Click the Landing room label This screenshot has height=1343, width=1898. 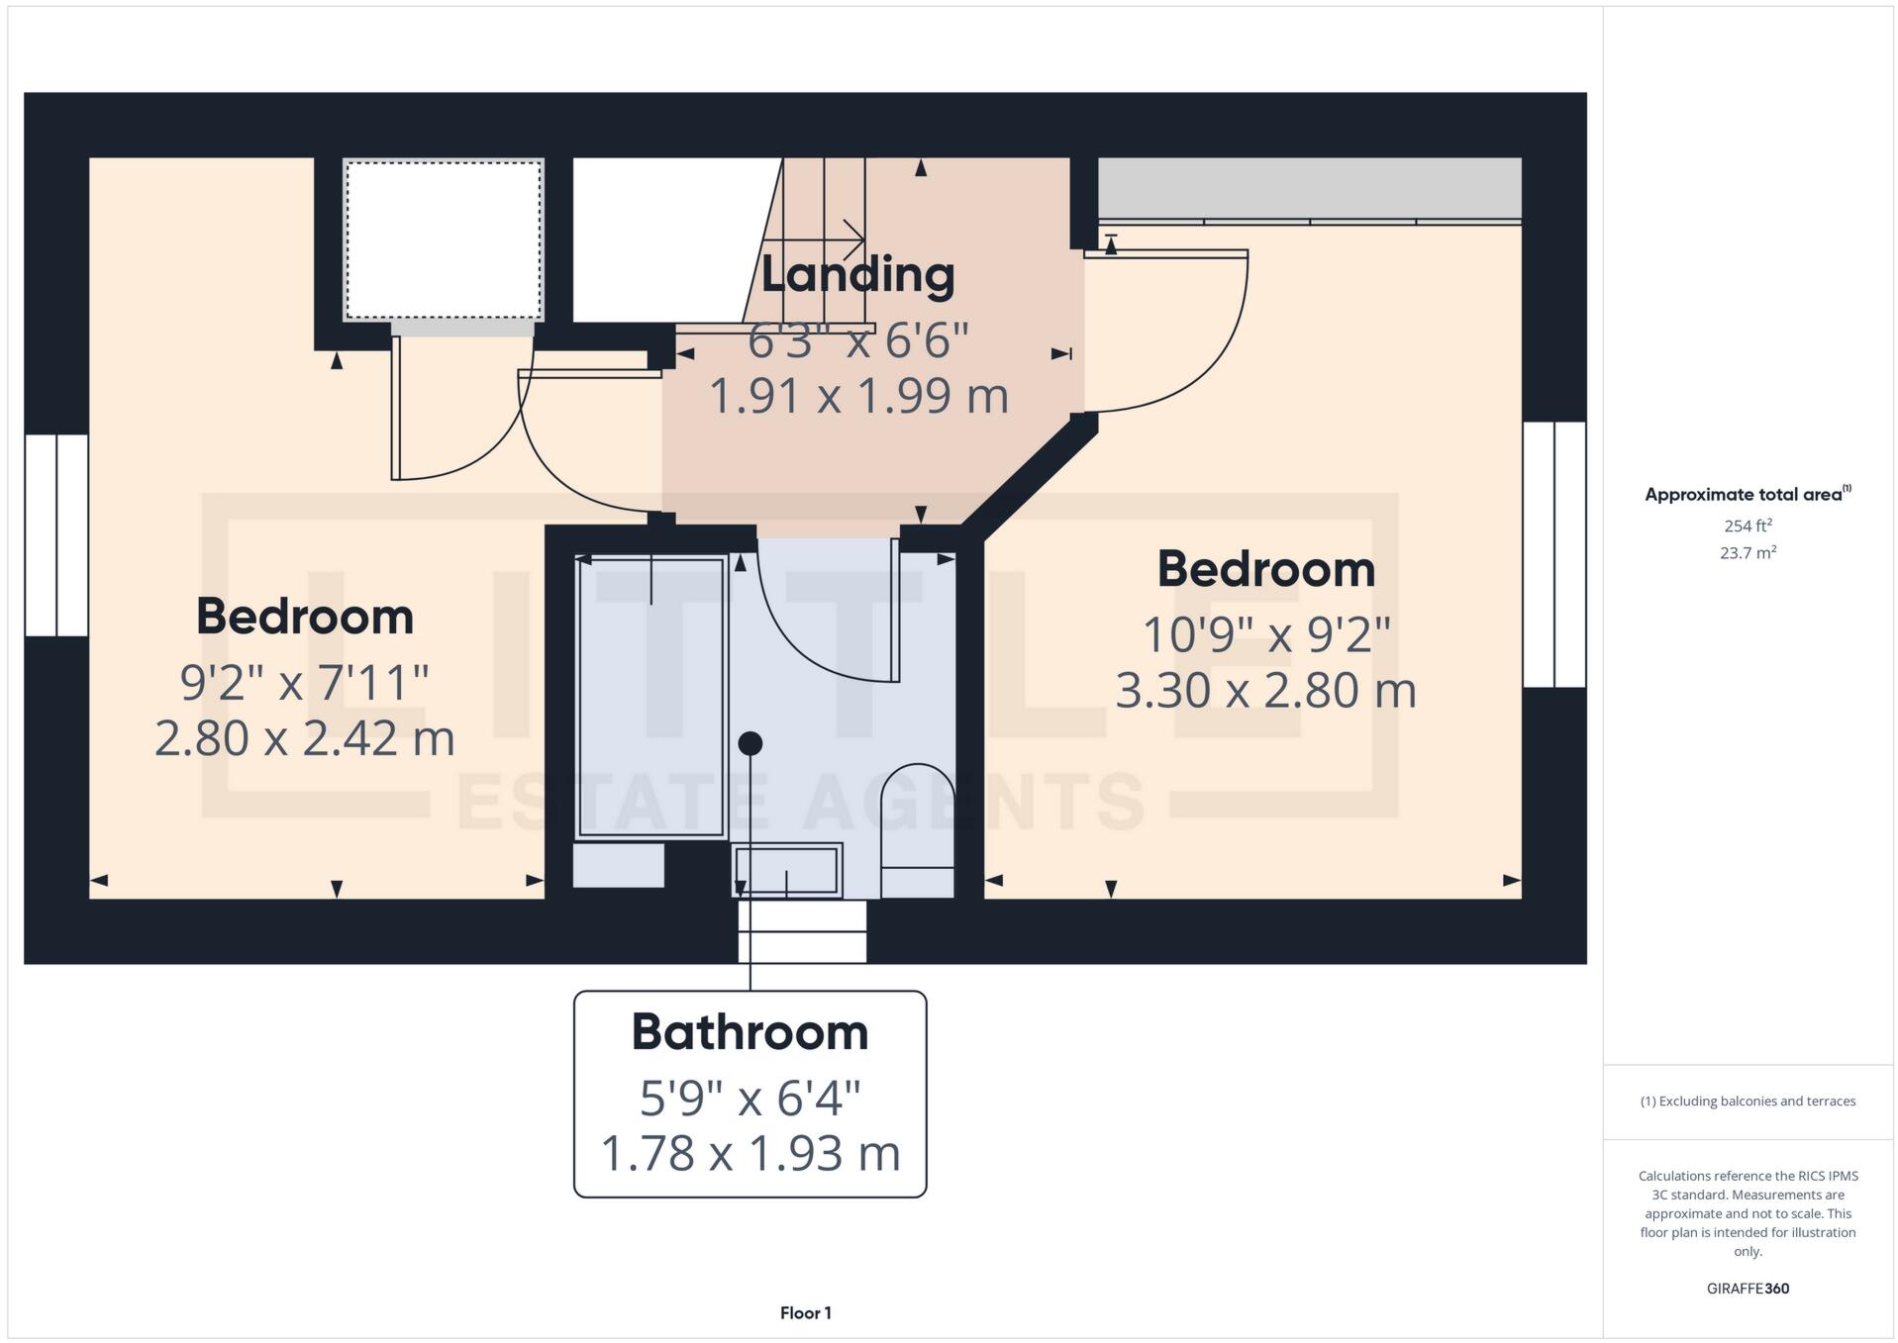tap(857, 275)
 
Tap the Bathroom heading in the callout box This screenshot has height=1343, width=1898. tap(749, 1032)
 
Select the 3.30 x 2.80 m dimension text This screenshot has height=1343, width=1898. tap(1265, 690)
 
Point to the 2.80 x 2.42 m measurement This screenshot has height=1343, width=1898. tap(305, 738)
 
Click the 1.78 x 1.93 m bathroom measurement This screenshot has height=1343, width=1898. tap(749, 1154)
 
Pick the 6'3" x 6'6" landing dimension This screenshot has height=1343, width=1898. tap(857, 340)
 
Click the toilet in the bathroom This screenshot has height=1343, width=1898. tap(918, 829)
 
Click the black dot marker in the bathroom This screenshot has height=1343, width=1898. tap(750, 742)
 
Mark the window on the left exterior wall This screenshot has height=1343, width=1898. tap(56, 534)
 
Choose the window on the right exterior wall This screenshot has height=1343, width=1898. tap(1554, 554)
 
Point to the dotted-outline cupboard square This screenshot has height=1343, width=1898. tap(443, 240)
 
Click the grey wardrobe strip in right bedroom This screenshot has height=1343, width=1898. tap(1309, 188)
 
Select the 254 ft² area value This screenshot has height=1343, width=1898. tap(1748, 526)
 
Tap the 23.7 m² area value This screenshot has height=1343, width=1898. tap(1748, 553)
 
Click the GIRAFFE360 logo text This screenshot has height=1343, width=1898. tap(1748, 1289)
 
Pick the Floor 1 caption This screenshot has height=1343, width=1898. tap(805, 1313)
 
